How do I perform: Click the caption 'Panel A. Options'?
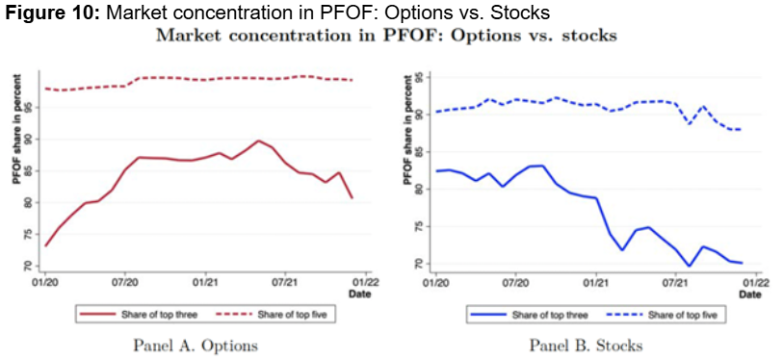pos(195,345)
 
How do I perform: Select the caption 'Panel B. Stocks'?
pos(586,345)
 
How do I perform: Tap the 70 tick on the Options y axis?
pos(30,266)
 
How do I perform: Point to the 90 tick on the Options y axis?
pos(30,139)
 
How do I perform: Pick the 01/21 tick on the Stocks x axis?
pos(596,285)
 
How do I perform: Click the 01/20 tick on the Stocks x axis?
pos(436,285)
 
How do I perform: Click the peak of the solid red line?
pos(258,141)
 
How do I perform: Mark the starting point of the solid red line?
pos(45,245)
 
